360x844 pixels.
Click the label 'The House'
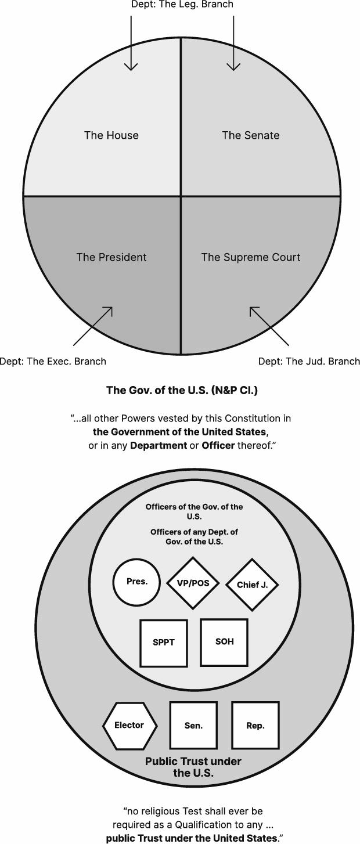click(111, 135)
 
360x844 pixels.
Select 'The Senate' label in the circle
click(250, 135)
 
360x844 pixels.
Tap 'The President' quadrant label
click(111, 257)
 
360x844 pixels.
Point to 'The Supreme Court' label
click(250, 257)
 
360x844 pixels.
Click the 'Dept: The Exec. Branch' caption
click(53, 361)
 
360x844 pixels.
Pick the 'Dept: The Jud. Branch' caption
click(309, 361)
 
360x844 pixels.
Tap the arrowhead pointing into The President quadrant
click(109, 311)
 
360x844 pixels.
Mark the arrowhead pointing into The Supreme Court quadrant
click(254, 311)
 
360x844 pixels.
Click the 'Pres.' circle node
click(137, 582)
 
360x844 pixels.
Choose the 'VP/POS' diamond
click(192, 583)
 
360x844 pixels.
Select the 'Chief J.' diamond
click(252, 585)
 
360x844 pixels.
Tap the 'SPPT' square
click(163, 643)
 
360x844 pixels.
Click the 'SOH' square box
click(224, 641)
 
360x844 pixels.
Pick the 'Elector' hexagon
click(129, 725)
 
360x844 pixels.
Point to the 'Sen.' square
click(193, 725)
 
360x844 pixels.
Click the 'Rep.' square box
click(255, 725)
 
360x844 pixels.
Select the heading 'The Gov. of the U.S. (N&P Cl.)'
click(182, 390)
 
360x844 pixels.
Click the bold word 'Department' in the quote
click(158, 446)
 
